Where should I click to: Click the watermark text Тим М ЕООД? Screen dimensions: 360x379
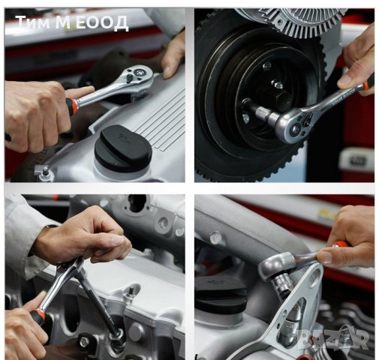click(72, 22)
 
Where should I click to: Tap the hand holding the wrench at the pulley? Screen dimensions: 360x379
click(358, 60)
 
